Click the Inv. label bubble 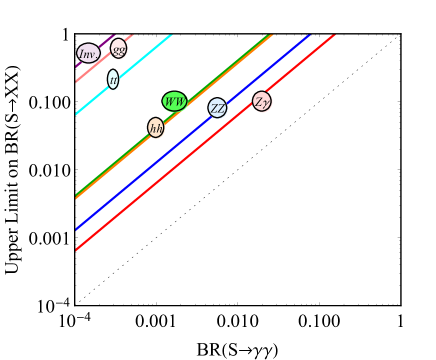pos(88,53)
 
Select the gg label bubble pos(119,48)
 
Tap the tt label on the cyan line pos(113,79)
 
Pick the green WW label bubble pos(175,101)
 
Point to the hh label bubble pos(156,127)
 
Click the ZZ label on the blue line pos(218,108)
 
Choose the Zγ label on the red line pos(262,101)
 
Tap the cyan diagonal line pos(140,61)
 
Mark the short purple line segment pos(106,41)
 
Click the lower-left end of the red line pos(77,249)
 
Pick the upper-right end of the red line pos(334,36)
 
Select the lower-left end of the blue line pos(77,229)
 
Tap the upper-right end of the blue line pos(310,36)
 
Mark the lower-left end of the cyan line pos(77,113)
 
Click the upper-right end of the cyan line pos(171,36)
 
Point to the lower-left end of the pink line pos(77,80)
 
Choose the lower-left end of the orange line pos(77,198)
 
